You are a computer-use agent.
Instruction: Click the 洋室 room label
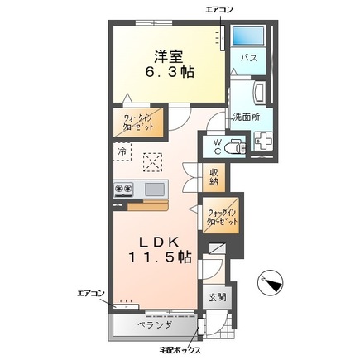point(169,57)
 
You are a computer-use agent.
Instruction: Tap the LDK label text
point(159,242)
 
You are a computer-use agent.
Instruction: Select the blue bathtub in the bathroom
point(247,36)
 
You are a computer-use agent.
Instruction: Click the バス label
point(249,58)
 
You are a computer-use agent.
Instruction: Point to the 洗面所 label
point(247,117)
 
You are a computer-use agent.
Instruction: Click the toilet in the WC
point(234,146)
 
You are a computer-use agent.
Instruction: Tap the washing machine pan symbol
point(263,141)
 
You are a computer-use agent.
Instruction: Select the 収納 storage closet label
point(214,177)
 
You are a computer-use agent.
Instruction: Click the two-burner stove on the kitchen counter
point(123,189)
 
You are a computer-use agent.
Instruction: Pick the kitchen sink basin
point(155,189)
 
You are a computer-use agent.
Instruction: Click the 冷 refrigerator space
point(122,151)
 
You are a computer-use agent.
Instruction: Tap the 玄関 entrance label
point(217,297)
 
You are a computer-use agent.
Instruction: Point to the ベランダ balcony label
point(155,324)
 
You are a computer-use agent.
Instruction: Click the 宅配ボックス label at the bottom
point(180,350)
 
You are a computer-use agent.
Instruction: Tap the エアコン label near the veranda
point(90,293)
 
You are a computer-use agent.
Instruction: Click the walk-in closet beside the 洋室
point(138,122)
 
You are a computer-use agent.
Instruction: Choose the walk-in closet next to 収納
point(222,217)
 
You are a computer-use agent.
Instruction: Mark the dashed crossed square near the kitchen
point(152,162)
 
